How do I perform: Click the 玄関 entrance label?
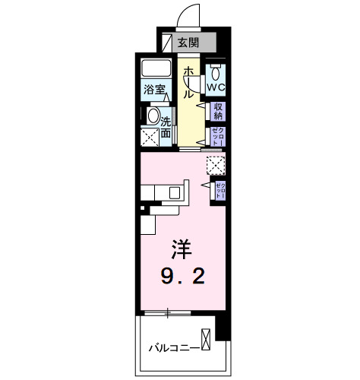click(x=190, y=43)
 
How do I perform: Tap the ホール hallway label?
click(x=188, y=82)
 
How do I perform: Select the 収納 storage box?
click(x=218, y=111)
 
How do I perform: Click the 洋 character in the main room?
click(x=180, y=249)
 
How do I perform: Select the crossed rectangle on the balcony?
click(x=206, y=340)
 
